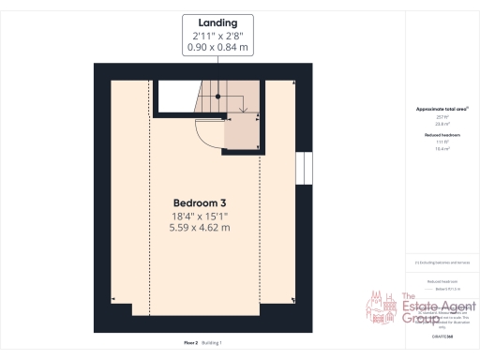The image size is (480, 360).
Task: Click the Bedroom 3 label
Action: point(200,202)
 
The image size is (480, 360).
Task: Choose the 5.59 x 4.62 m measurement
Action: point(200,228)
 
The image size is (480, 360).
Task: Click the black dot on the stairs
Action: point(217,96)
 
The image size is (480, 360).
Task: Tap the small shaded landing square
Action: point(242,134)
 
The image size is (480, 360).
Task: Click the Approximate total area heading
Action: point(440,110)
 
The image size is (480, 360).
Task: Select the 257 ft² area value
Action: point(440,117)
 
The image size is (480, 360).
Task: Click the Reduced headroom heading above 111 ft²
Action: point(440,135)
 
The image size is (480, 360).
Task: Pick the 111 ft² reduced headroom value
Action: point(440,142)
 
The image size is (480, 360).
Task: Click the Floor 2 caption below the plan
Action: point(191,344)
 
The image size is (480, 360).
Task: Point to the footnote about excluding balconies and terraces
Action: point(440,263)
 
